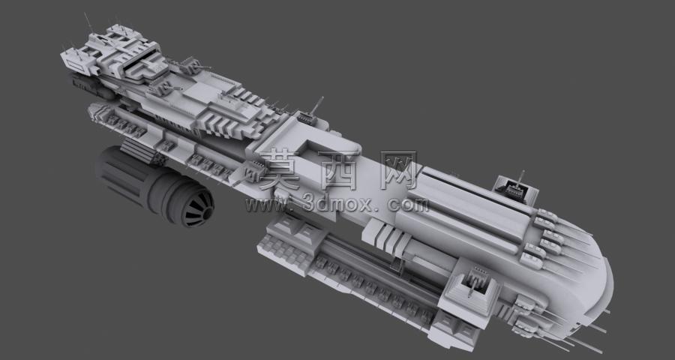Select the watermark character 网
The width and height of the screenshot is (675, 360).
(399, 170)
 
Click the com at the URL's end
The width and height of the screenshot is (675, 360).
(408, 205)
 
